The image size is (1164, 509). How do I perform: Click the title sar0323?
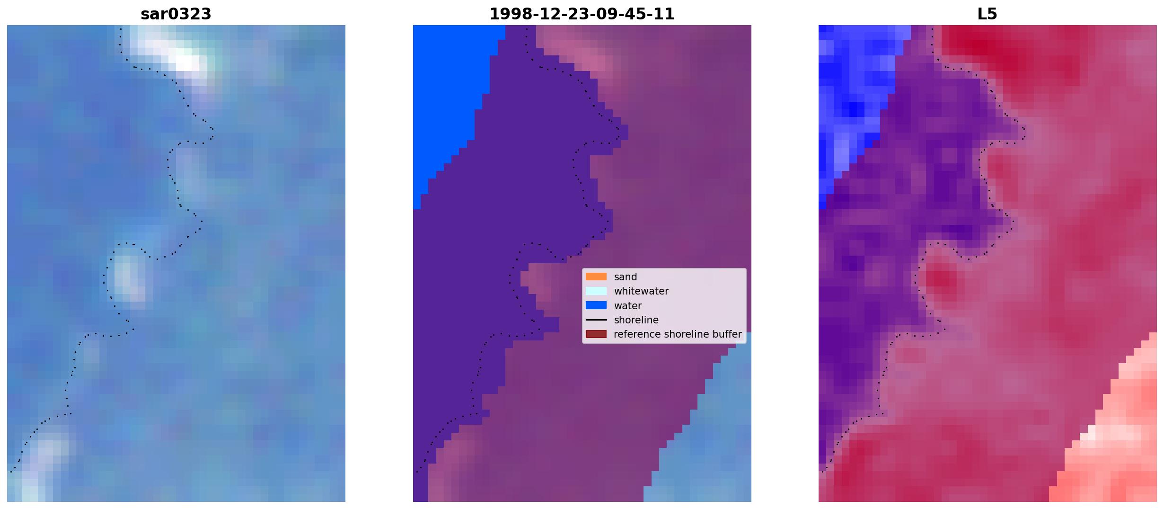pos(176,14)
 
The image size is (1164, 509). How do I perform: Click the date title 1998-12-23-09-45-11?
pos(582,14)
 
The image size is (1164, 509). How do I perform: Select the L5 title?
pos(987,14)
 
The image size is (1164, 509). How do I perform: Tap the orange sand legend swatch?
pos(596,277)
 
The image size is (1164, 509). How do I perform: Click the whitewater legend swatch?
pos(596,291)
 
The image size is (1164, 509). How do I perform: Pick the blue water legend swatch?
pos(596,305)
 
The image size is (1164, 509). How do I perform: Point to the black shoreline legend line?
pos(596,320)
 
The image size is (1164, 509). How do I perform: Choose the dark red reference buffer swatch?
pos(596,334)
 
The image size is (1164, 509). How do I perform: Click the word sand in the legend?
pos(626,277)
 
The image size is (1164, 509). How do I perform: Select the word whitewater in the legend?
pos(641,291)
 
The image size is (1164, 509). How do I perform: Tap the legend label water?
pos(628,306)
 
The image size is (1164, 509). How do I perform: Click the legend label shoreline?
pos(636,320)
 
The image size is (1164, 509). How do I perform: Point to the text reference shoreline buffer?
pos(678,334)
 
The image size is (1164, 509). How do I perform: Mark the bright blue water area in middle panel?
pos(450,95)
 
